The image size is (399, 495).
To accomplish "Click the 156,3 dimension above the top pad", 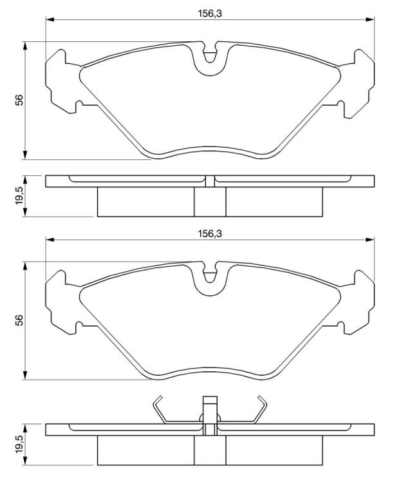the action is click(x=210, y=14).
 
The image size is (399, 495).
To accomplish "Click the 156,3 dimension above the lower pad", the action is click(x=210, y=233).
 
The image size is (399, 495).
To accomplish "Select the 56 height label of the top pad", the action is click(x=20, y=100).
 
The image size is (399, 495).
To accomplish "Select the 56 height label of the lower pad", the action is click(x=20, y=320).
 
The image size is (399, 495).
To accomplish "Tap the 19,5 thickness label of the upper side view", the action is click(x=20, y=195).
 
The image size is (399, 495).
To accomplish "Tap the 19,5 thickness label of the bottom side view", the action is click(x=20, y=444).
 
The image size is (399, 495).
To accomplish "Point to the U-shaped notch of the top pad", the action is click(x=210, y=59).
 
